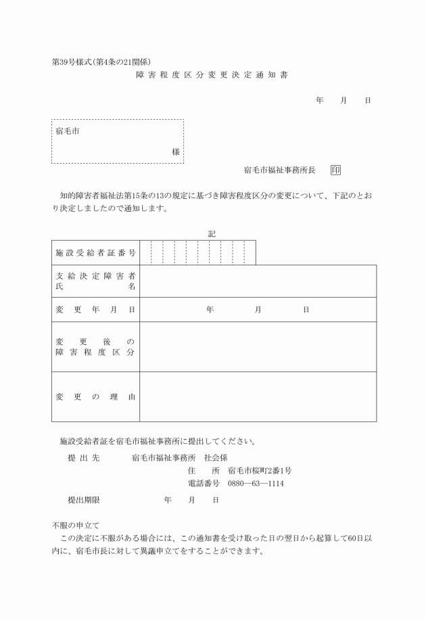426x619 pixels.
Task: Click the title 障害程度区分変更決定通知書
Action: pos(212,74)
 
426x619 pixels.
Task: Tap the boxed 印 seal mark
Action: pos(336,170)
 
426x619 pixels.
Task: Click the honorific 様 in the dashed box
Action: pos(176,152)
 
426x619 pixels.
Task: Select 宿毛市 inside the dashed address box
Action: pos(68,131)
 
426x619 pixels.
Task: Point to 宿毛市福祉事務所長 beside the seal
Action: pos(279,170)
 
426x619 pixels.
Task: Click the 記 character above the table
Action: pos(212,233)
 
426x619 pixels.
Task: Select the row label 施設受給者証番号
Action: pos(95,252)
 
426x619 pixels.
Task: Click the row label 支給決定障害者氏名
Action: pos(95,281)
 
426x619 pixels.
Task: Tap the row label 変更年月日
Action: pos(95,309)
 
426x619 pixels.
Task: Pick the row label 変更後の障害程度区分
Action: pos(95,346)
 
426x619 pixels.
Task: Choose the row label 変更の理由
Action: pos(95,396)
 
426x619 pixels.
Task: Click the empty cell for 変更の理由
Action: pos(258,396)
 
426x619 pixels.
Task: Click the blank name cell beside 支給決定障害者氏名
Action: pos(258,281)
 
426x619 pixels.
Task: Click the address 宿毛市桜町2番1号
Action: pos(260,470)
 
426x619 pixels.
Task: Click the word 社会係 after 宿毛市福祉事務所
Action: pos(216,457)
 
